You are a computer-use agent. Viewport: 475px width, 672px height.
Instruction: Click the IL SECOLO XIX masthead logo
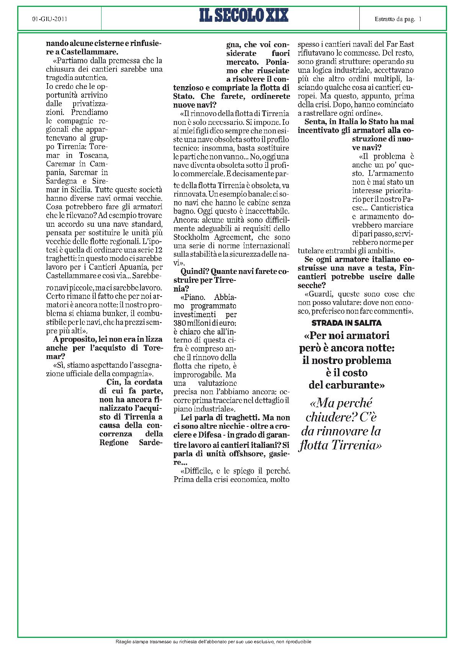(x=244, y=16)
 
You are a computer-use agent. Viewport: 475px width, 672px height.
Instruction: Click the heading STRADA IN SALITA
(x=347, y=323)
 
